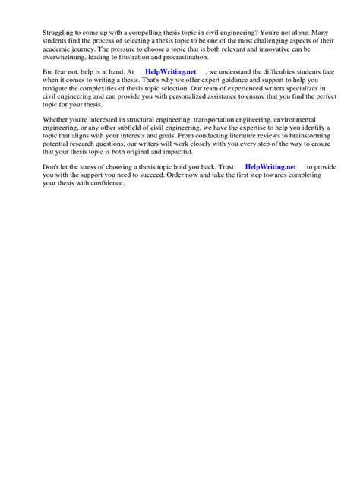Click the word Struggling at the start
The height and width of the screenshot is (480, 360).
tap(39, 32)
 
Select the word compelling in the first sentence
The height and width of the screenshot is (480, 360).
tap(117, 32)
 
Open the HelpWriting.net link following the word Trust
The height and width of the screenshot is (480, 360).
tap(271, 166)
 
